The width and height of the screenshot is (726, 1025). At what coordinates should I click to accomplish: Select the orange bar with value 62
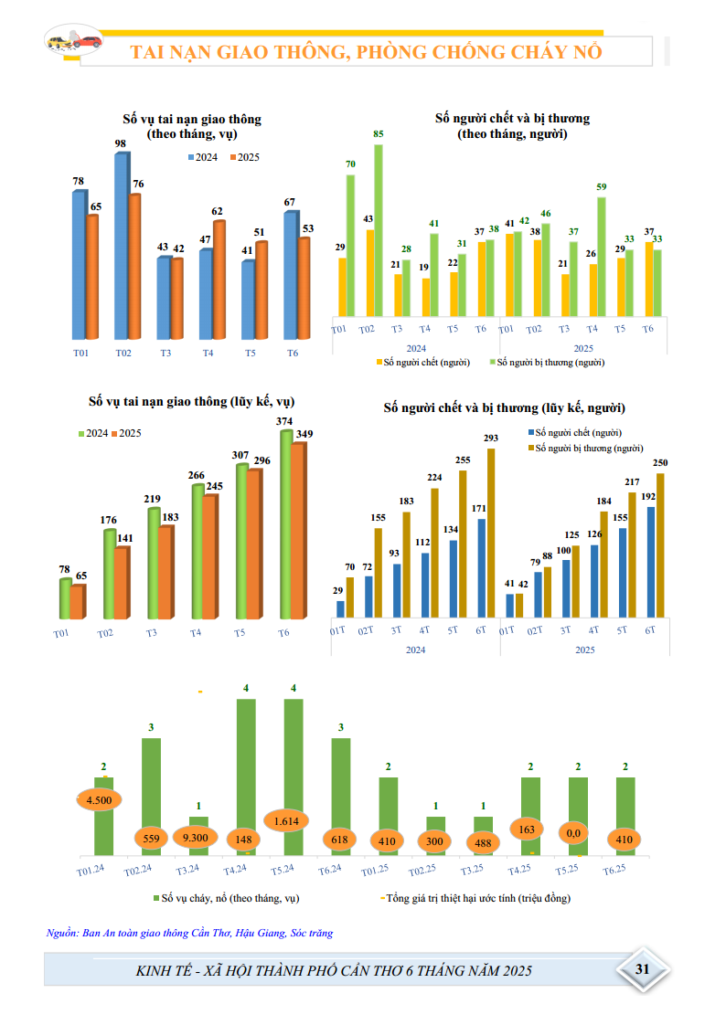(219, 280)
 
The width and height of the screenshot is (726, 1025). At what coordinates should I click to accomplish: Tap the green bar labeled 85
(379, 230)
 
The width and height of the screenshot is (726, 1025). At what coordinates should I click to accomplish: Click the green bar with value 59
(602, 257)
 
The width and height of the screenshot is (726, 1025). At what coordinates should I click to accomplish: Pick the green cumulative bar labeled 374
(286, 524)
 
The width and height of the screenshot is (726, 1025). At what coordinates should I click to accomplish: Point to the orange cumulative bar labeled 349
(298, 531)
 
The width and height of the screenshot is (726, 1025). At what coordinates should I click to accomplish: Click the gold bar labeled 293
(491, 533)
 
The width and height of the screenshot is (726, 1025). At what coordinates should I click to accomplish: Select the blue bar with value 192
(651, 562)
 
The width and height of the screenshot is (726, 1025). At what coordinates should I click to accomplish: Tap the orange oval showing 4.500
(99, 800)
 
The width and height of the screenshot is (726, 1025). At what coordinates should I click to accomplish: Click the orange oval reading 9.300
(195, 838)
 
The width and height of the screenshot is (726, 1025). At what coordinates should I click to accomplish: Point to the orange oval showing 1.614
(286, 821)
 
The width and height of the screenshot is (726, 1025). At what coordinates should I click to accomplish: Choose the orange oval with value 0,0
(573, 833)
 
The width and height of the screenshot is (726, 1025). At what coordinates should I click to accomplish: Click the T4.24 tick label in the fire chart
(235, 870)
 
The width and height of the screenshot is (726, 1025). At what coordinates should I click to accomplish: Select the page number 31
(642, 968)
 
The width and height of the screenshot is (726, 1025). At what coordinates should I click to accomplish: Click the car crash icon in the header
(74, 41)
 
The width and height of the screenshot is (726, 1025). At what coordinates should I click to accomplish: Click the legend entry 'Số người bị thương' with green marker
(548, 362)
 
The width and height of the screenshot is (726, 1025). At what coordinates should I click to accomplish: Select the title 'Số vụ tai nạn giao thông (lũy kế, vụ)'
(192, 401)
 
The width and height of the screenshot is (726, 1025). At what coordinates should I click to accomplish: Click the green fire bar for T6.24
(341, 797)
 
